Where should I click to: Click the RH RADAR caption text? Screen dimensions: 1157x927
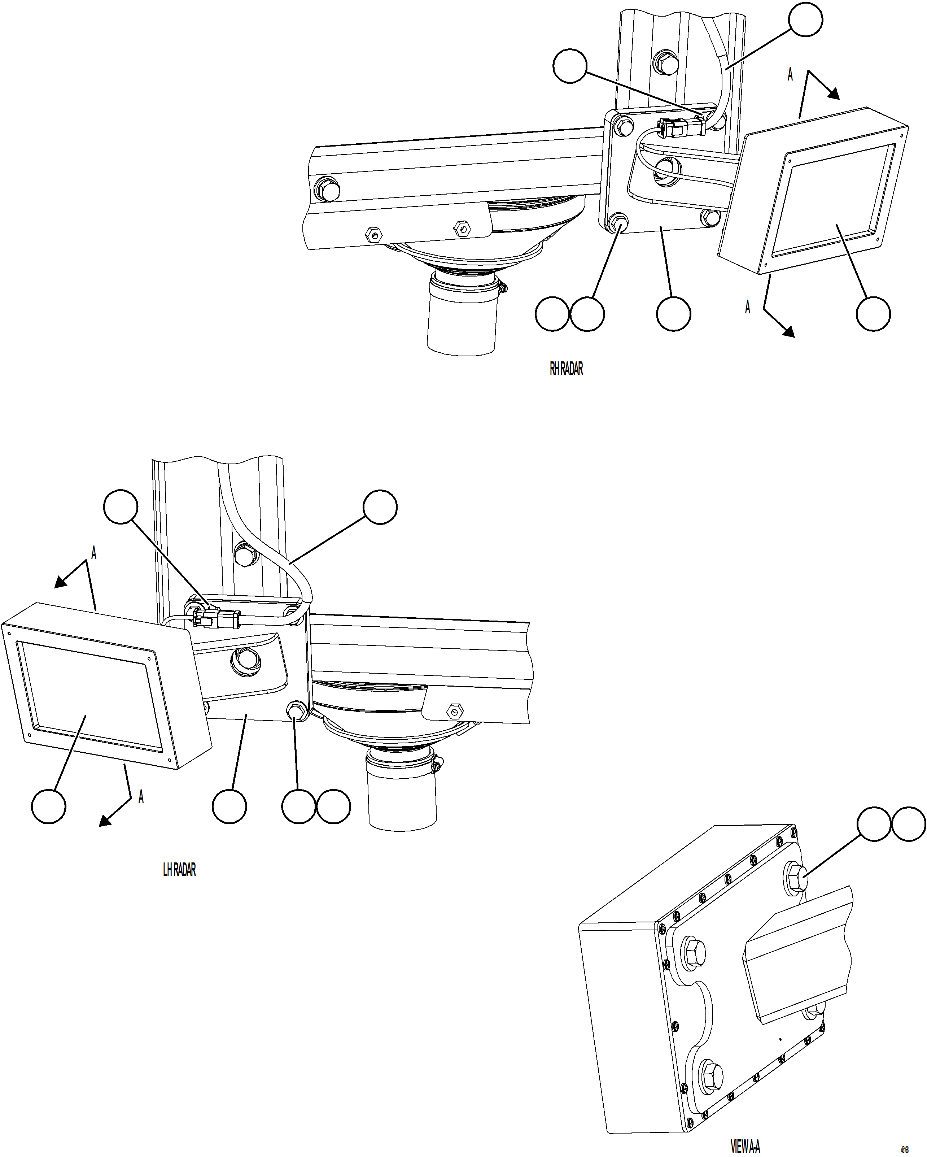(566, 369)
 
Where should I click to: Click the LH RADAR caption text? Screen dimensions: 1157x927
(179, 870)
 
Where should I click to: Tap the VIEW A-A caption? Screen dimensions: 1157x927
(745, 1146)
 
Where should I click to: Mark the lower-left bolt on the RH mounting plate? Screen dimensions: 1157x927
(620, 223)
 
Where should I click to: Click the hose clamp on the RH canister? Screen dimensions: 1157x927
(502, 288)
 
